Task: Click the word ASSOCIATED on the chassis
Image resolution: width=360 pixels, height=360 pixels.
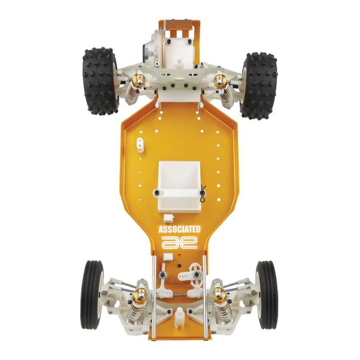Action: [179, 229]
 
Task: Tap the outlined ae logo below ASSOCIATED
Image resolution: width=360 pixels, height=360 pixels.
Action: [179, 242]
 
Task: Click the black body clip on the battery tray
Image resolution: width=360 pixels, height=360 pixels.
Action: [203, 194]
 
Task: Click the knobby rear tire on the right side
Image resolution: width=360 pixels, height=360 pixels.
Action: [259, 86]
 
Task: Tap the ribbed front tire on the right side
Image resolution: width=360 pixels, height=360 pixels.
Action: [266, 295]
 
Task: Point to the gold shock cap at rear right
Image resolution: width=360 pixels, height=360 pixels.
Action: [220, 81]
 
